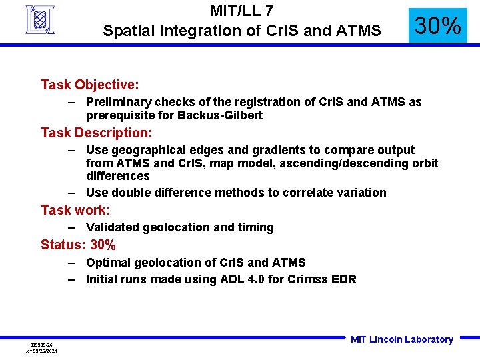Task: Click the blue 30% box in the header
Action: coord(437,26)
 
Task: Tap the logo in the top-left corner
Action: coord(40,19)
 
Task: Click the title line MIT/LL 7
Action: coord(241,11)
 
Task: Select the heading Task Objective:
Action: coord(90,85)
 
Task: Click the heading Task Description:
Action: coord(97,133)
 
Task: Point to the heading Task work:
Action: coord(75,210)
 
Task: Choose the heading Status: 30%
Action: coord(78,245)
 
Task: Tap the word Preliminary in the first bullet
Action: coord(118,102)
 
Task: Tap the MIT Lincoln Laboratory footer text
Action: coord(401,339)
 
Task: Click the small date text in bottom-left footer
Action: coord(41,351)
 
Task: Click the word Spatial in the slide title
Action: coord(125,31)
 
